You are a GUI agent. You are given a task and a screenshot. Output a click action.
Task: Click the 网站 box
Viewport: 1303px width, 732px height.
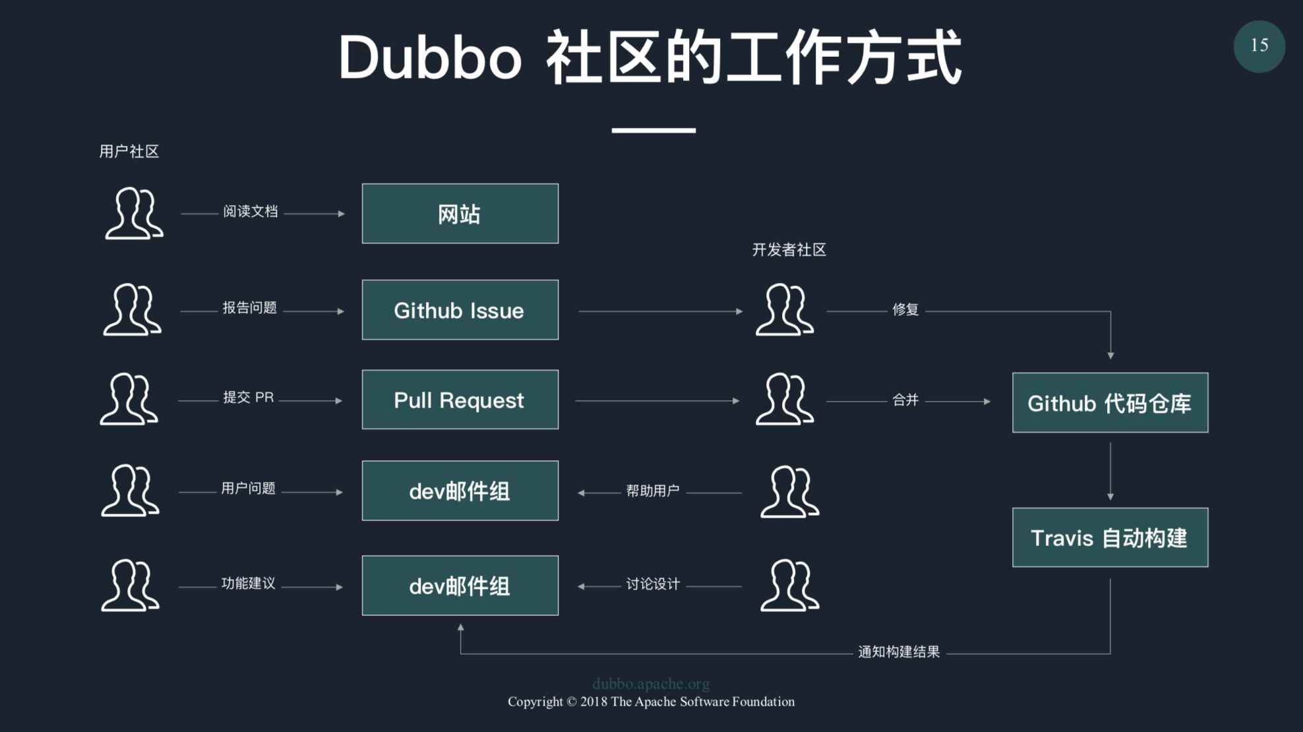tap(460, 214)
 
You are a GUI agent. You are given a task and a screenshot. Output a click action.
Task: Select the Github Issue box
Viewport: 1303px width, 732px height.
tap(460, 310)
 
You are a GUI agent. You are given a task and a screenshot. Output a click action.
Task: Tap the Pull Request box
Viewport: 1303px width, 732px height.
tap(460, 400)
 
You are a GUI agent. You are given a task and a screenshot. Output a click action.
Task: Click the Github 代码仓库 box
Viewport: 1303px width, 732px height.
tap(1110, 403)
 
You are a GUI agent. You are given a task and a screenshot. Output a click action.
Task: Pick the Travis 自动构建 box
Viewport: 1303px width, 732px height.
tap(1110, 537)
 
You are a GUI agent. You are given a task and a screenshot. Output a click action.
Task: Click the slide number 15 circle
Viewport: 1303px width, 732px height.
tap(1259, 46)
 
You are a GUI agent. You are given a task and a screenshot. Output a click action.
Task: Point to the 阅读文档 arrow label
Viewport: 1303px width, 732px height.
tap(250, 212)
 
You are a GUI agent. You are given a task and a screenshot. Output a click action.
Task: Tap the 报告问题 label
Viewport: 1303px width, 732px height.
tap(249, 308)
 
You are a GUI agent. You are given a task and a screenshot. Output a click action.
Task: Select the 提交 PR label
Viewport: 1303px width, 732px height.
tap(248, 398)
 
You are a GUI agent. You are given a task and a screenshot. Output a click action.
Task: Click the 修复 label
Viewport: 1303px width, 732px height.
tap(905, 309)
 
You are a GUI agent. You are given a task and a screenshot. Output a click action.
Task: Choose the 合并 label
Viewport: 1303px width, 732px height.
tap(905, 400)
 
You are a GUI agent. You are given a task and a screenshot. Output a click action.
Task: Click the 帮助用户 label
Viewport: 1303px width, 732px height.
tap(652, 491)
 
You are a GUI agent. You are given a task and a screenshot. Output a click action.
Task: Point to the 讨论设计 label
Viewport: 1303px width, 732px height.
tap(652, 584)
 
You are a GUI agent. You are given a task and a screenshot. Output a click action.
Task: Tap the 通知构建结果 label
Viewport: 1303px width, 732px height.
tap(898, 652)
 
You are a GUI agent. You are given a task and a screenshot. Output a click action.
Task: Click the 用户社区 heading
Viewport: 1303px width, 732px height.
tap(129, 152)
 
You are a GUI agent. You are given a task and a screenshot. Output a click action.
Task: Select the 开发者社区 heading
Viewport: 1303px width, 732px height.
tap(789, 250)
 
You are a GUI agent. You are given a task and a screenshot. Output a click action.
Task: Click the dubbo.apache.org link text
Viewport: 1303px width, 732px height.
tap(651, 684)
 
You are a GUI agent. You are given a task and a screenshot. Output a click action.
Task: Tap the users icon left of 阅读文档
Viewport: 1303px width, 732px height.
tap(134, 213)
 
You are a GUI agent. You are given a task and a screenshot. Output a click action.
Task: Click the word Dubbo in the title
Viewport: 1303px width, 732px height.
tap(430, 58)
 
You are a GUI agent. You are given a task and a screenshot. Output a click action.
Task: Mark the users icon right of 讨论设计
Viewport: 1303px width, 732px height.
tap(789, 585)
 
